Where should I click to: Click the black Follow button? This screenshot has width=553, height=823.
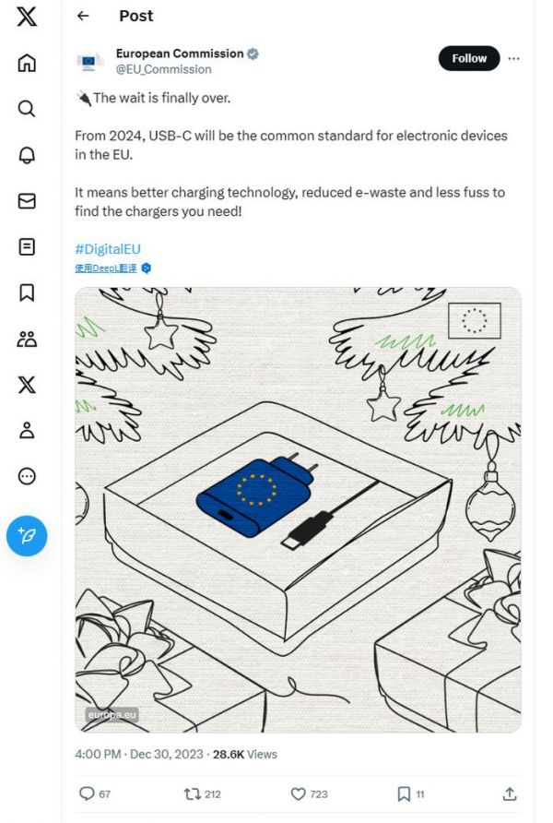(x=469, y=58)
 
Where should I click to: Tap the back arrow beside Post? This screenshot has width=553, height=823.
(x=83, y=16)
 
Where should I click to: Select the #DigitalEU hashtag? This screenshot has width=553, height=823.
(x=108, y=249)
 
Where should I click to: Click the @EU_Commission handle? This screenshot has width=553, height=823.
(x=163, y=69)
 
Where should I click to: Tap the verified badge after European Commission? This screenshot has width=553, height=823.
(x=253, y=54)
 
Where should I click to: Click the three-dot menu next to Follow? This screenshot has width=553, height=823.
(x=513, y=58)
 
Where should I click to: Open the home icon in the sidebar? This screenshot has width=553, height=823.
(x=27, y=63)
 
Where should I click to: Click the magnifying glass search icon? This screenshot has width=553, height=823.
(x=27, y=109)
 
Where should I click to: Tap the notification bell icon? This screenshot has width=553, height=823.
(x=27, y=155)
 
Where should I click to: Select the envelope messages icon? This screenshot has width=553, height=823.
(x=27, y=201)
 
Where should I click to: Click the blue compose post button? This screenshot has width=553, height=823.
(x=27, y=536)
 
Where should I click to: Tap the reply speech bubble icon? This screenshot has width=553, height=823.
(x=87, y=793)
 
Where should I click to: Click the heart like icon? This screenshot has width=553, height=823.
(x=298, y=793)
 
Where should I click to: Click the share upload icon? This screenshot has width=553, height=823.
(x=510, y=793)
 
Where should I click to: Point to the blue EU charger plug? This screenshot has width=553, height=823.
(x=256, y=495)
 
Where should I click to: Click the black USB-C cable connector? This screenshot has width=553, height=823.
(x=307, y=531)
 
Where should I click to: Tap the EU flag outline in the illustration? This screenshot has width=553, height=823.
(x=475, y=320)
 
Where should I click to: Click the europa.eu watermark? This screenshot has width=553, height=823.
(x=112, y=714)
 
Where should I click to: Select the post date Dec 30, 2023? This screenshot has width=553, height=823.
(x=166, y=754)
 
